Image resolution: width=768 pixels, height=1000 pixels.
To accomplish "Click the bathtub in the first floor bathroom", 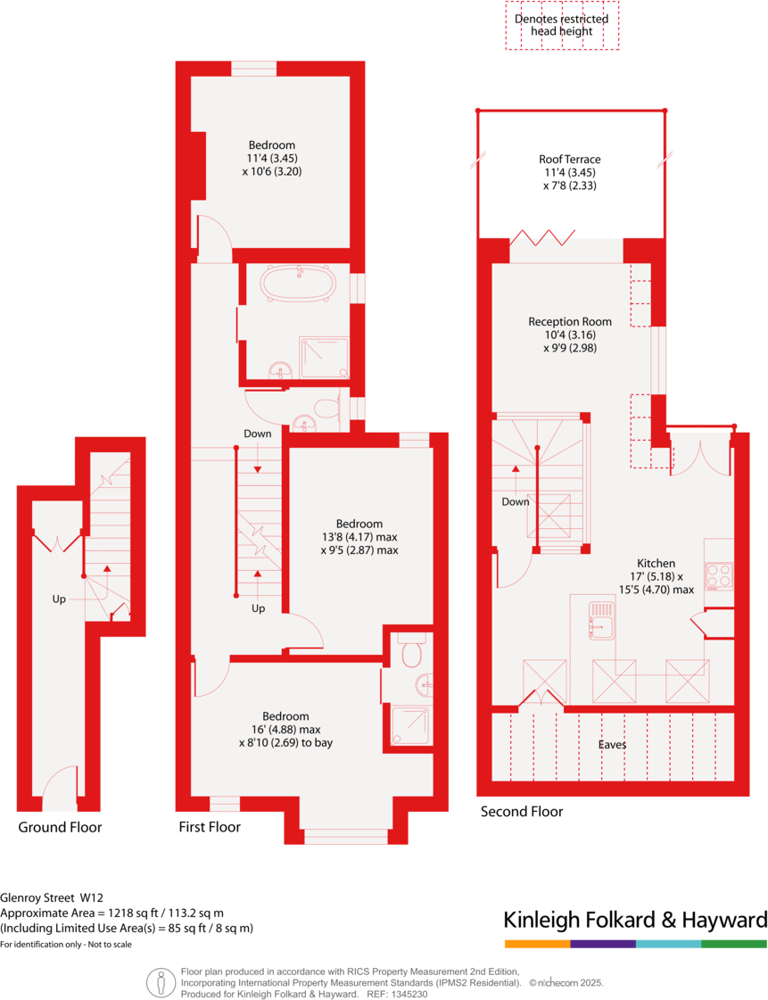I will point(299,285).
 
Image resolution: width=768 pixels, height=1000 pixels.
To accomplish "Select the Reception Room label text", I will point(569,322).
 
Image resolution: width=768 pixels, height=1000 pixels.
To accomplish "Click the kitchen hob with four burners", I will point(719,575).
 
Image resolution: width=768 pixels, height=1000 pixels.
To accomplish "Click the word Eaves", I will point(612,744).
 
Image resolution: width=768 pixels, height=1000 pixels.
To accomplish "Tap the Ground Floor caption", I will point(60,827).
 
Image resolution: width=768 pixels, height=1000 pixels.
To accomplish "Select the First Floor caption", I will point(210,827).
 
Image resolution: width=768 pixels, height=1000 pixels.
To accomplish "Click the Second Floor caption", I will point(522,812).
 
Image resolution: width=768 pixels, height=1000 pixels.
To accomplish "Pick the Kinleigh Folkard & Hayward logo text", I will point(635,920).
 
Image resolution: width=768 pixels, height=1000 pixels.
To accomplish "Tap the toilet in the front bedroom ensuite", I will point(411,655).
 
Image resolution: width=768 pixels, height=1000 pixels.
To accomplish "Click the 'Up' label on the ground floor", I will point(59,599).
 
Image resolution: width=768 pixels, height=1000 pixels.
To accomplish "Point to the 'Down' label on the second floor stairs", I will point(515,502).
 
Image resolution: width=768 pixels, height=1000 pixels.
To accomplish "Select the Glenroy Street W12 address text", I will point(51,898).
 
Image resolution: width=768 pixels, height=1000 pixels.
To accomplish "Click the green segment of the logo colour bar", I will point(734,943).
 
